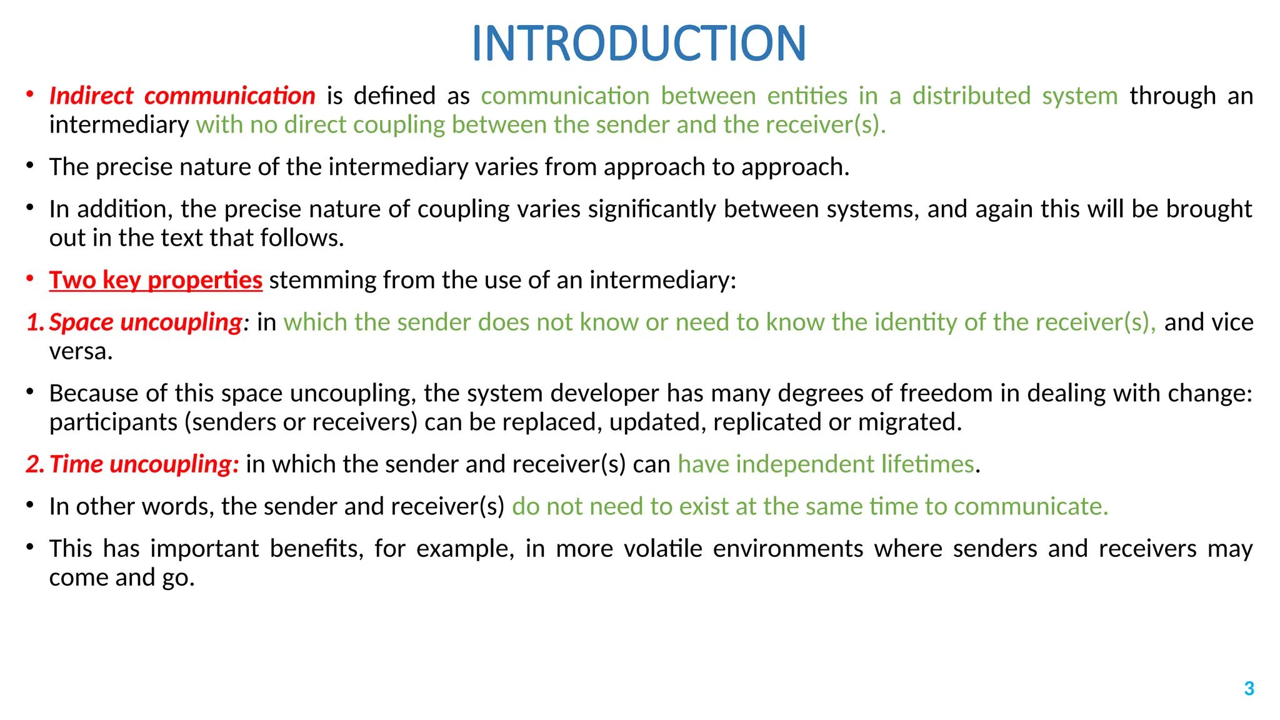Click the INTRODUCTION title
click(639, 44)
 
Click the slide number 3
click(1249, 689)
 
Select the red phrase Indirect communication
click(182, 96)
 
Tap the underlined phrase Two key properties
click(156, 280)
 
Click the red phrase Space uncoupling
click(145, 322)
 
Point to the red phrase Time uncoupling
click(144, 464)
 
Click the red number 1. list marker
click(35, 322)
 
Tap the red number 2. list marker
click(35, 464)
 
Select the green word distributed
click(971, 96)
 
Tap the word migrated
click(909, 422)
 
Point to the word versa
click(81, 352)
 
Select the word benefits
click(316, 549)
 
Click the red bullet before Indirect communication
click(29, 95)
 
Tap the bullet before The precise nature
click(29, 166)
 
